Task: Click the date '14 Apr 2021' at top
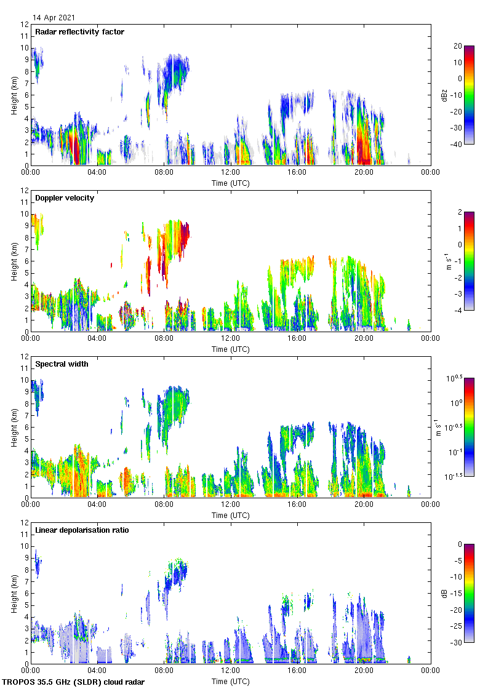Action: [x=54, y=18]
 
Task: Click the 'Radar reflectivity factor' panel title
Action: [x=79, y=32]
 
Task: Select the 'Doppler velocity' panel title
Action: [x=65, y=198]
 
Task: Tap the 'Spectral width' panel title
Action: [x=62, y=364]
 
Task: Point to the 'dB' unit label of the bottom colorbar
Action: [x=454, y=593]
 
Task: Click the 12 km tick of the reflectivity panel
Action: [x=25, y=25]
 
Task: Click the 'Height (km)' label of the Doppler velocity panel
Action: [x=14, y=261]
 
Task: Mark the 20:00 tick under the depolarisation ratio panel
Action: [x=363, y=670]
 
